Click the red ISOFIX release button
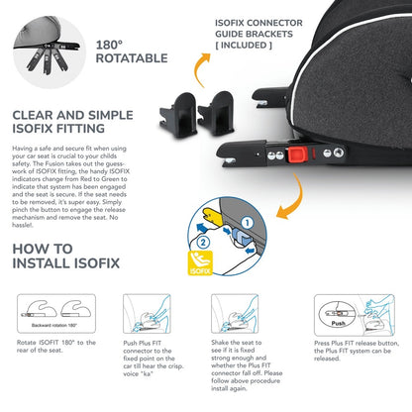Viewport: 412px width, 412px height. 298,154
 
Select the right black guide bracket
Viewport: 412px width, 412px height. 216,113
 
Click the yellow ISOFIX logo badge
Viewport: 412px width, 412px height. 200,263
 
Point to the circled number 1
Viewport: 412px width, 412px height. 247,223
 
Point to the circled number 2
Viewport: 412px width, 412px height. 203,243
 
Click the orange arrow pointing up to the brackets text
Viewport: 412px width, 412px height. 201,69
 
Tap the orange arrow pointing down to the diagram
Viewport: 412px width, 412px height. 290,197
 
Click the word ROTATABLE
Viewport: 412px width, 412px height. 132,58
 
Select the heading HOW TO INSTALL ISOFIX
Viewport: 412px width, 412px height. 66,257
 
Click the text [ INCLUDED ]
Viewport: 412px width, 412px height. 244,46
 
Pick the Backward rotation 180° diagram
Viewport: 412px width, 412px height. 56,314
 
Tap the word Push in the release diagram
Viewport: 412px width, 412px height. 339,323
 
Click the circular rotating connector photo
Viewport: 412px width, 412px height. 50,52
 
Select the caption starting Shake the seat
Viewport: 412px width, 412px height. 247,365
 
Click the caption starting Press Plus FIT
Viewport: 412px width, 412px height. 357,351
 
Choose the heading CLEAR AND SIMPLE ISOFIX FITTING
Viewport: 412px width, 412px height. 72,122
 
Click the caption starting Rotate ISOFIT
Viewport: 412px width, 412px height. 56,347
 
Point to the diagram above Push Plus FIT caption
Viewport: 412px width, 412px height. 147,314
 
